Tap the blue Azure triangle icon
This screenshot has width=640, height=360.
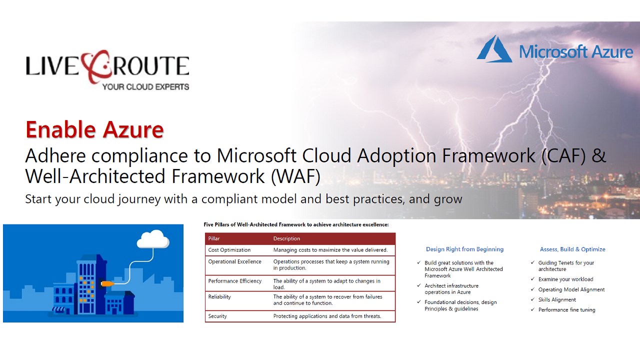494,48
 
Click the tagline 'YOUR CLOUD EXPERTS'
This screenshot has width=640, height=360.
145,86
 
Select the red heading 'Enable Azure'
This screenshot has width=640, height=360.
94,129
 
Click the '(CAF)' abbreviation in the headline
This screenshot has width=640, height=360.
563,155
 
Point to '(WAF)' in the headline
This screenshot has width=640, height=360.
295,176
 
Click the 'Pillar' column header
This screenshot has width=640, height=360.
213,238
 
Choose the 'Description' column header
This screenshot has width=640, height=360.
286,238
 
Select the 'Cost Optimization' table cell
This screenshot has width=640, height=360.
229,250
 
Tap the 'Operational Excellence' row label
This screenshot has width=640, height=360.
234,261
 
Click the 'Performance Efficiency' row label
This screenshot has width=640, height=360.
234,281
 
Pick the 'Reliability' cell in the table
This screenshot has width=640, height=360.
219,297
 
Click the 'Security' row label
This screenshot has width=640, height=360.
217,316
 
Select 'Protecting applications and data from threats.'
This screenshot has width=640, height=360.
327,316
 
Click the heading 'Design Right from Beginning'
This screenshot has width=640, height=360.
464,249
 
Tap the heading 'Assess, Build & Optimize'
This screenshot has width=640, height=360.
572,249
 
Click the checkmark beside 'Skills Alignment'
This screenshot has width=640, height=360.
532,299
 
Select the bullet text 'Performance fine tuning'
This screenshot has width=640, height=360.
567,309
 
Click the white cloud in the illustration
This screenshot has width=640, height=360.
153,239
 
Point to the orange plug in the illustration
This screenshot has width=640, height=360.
107,283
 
